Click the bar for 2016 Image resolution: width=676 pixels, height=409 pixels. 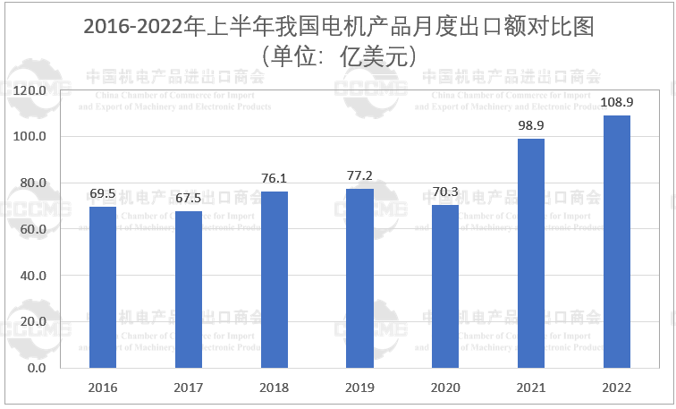(103, 287)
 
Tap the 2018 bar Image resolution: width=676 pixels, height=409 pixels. (275, 279)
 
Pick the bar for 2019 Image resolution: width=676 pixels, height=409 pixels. (359, 278)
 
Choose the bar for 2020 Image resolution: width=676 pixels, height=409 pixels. (445, 286)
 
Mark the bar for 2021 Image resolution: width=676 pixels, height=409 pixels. (531, 253)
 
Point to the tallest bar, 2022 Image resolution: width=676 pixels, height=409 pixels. (617, 242)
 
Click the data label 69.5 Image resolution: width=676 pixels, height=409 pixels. (103, 194)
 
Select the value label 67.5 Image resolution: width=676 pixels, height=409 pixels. (189, 199)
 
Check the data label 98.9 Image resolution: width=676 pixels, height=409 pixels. (531, 126)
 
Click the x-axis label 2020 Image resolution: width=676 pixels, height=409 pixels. (445, 388)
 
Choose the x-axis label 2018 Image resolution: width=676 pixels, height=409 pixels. (275, 388)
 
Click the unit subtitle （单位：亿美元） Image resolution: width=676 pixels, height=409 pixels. (337, 55)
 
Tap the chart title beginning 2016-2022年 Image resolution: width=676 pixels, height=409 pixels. (337, 26)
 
